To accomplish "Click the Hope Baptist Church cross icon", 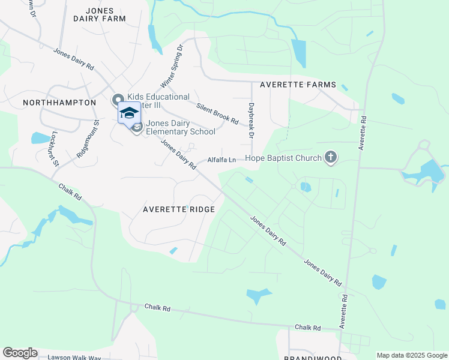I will point(330,158).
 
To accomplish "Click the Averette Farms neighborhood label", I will point(298,85).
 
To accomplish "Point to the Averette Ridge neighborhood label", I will point(178,209).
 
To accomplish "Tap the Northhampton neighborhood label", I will point(59,103).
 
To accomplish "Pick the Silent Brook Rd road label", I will point(217,112).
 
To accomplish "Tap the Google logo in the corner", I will point(20,353).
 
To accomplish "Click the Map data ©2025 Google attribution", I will point(412,355).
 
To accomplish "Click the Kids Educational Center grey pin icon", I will point(118,100).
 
